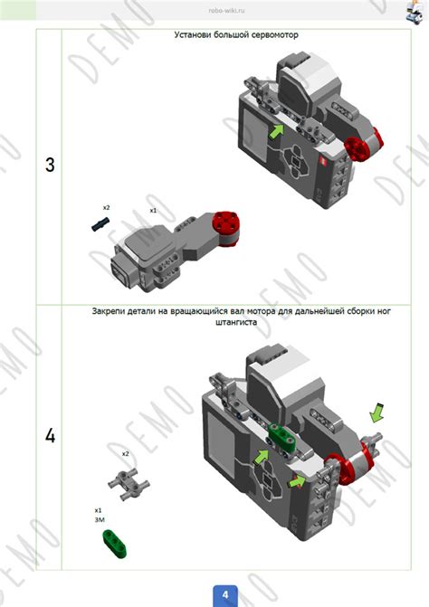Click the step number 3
[50, 165]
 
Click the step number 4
[51, 436]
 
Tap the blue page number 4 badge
[225, 595]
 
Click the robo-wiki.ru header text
[226, 11]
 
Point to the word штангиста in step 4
[236, 322]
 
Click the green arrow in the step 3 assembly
[276, 131]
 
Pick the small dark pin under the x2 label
[100, 224]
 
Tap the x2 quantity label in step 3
[106, 208]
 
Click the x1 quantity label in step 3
[153, 211]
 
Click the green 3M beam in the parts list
[115, 544]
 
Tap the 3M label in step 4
[100, 520]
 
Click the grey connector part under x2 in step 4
[129, 484]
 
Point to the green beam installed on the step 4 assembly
[282, 436]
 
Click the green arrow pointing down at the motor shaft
[376, 413]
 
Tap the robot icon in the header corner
[415, 12]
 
